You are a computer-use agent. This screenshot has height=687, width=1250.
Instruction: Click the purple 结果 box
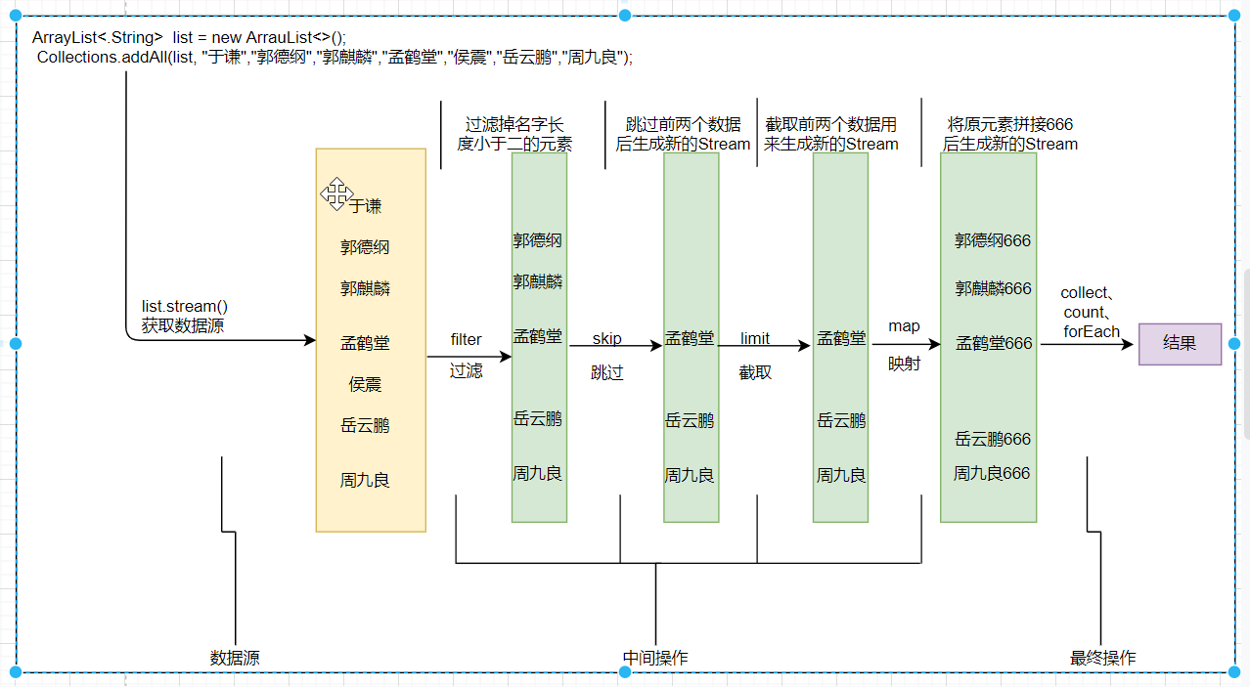[x=1180, y=344]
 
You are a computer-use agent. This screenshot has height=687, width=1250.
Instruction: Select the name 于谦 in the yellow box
[x=366, y=206]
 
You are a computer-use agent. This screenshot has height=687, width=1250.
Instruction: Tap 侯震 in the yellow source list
[x=365, y=384]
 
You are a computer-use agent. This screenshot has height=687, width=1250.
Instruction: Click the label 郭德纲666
[x=993, y=240]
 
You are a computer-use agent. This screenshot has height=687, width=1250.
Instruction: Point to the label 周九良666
[x=992, y=473]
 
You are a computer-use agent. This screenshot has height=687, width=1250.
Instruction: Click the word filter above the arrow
[x=466, y=339]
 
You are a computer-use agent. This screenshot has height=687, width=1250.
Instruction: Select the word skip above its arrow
[x=606, y=339]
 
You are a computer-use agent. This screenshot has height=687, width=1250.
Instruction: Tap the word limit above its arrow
[x=754, y=338]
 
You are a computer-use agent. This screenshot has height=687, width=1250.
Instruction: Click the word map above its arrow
[x=904, y=325]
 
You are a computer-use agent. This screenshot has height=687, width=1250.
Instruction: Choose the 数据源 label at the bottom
[x=235, y=658]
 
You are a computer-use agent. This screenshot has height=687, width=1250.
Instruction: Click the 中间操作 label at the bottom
[x=655, y=658]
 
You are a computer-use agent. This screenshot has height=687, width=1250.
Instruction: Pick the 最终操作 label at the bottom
[x=1103, y=658]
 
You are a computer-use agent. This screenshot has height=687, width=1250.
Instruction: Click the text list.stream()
[x=185, y=307]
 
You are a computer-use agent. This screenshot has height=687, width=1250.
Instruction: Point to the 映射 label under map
[x=904, y=365]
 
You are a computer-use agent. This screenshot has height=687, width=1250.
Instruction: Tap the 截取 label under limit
[x=754, y=371]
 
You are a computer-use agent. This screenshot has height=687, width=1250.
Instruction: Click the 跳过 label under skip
[x=606, y=372]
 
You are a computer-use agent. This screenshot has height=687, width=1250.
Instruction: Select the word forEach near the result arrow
[x=1091, y=331]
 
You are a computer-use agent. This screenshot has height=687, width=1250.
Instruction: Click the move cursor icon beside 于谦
[x=335, y=193]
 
